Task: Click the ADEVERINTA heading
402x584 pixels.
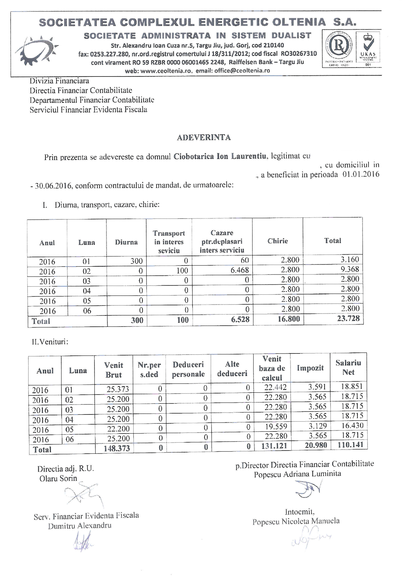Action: (x=204, y=138)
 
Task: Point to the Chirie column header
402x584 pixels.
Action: (x=277, y=241)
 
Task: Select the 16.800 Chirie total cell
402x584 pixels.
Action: (x=289, y=319)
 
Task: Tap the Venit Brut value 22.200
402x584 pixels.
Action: (x=118, y=429)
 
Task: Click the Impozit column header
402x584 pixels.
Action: (x=310, y=368)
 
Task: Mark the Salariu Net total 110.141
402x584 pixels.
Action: (x=350, y=445)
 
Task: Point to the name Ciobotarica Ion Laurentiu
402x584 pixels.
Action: (x=220, y=156)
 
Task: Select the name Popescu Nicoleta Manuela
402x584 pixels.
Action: (x=296, y=521)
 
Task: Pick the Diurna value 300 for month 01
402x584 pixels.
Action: (x=136, y=261)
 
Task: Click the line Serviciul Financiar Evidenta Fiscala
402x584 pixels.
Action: (x=88, y=110)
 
